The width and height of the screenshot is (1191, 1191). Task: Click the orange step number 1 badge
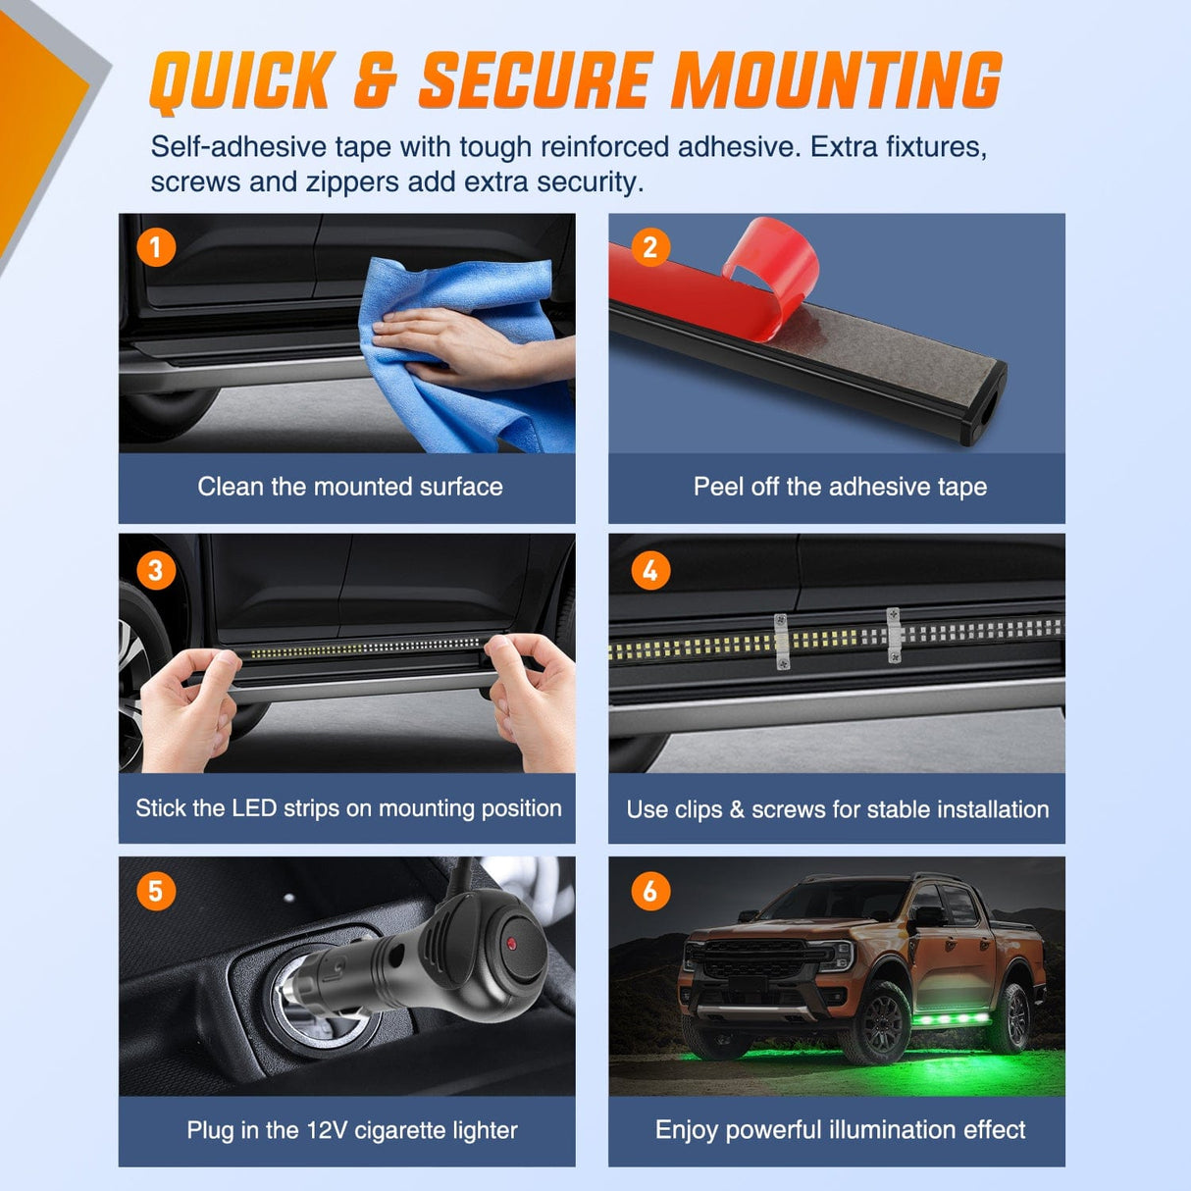(156, 248)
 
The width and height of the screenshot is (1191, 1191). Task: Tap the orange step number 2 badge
(650, 248)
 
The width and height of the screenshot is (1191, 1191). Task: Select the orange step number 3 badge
(156, 570)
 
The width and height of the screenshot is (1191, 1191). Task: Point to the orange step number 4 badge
(650, 570)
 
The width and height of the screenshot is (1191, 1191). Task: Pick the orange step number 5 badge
(156, 891)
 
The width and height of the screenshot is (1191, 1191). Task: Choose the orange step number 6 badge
(650, 891)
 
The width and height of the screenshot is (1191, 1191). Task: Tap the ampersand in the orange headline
(376, 81)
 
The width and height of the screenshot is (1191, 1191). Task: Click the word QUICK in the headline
(241, 82)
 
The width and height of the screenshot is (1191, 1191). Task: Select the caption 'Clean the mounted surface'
(350, 487)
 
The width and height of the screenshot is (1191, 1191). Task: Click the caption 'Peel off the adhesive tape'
(840, 487)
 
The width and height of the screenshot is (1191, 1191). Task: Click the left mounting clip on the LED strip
(781, 643)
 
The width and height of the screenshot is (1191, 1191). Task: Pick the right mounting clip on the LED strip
(894, 636)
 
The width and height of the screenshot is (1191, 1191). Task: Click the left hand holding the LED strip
(188, 710)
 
